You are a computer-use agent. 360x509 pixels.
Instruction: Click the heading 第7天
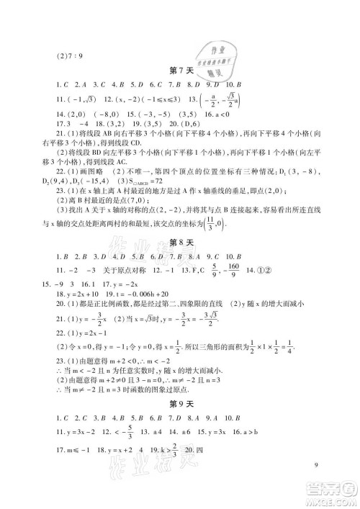(180, 69)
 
